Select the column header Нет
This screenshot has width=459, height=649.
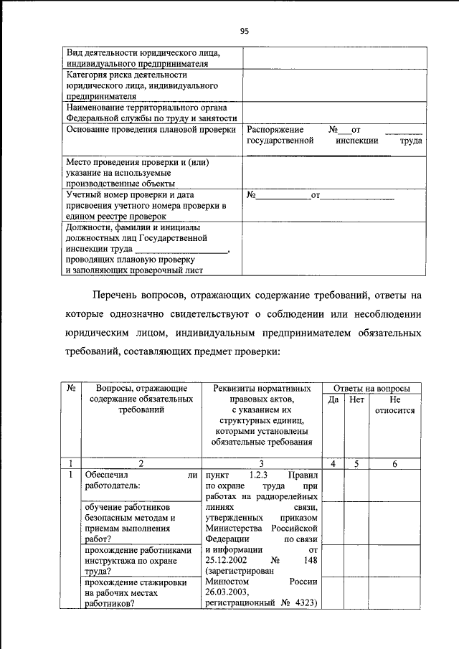tap(356, 399)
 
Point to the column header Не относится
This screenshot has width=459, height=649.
tap(394, 404)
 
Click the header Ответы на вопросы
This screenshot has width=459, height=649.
tap(369, 387)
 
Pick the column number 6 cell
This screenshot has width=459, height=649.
tap(394, 464)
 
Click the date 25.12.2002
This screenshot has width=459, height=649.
tap(226, 559)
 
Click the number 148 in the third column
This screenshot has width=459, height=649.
tap(308, 559)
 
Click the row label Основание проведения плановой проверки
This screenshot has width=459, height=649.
tap(151, 130)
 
